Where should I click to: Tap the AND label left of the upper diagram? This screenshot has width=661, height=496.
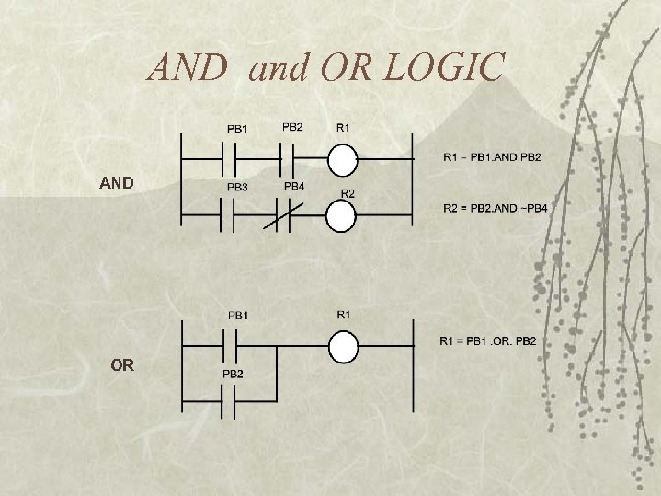117,183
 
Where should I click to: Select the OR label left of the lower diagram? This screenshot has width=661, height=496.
121,365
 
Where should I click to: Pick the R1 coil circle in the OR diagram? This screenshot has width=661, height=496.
343,348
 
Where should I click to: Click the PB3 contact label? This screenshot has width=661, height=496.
237,187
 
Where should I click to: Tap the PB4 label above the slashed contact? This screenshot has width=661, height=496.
294,186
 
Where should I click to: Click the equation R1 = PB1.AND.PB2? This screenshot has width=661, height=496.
492,157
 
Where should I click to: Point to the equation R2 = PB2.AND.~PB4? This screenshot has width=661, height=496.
495,209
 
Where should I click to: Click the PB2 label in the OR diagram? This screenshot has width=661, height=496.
233,374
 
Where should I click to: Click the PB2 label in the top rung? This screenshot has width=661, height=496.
292,126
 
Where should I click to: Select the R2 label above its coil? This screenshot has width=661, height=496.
348,193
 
